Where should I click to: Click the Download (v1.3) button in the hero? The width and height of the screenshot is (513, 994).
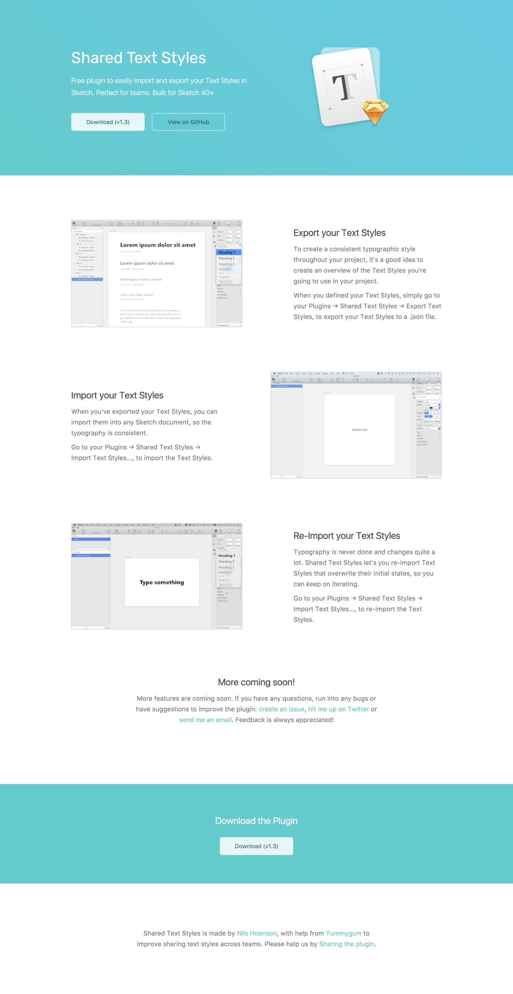[108, 122]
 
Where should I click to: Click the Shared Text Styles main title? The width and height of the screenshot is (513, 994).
[138, 58]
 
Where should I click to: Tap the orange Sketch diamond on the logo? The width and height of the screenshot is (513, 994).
[375, 111]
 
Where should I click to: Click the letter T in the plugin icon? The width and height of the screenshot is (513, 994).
[344, 87]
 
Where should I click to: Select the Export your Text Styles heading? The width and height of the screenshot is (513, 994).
[339, 233]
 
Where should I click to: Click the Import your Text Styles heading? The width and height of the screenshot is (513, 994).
[117, 395]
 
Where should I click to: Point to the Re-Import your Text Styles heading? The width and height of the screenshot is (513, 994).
[346, 536]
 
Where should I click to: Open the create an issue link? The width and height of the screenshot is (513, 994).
[281, 709]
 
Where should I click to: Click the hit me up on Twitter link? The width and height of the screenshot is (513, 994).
[338, 709]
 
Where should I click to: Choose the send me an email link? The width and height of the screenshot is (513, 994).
[205, 720]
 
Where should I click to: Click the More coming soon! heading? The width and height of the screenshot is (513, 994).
[256, 682]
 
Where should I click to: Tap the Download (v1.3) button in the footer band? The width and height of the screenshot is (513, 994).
[256, 846]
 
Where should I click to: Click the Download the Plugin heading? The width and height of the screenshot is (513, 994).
[256, 821]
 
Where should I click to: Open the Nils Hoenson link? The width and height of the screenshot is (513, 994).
[256, 933]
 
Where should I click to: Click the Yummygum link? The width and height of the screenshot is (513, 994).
[343, 933]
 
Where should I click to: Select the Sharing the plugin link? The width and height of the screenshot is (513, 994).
[346, 944]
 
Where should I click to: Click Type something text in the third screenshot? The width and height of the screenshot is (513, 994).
[162, 582]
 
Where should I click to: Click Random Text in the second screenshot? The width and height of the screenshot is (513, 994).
[359, 429]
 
